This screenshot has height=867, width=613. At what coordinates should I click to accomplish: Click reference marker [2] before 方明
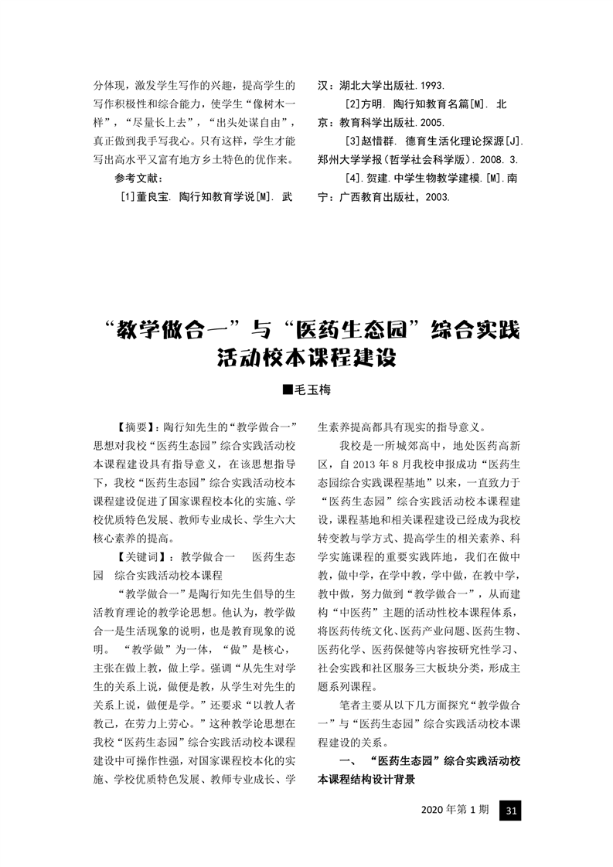pos(346,104)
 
